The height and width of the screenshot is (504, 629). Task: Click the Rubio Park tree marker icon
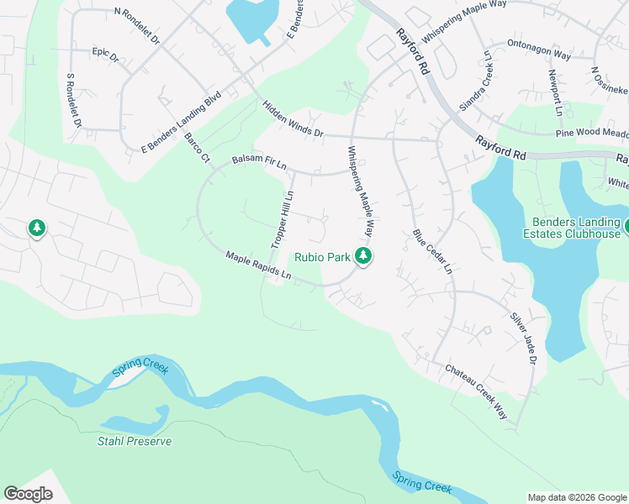(363, 256)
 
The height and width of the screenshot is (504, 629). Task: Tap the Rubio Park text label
(321, 257)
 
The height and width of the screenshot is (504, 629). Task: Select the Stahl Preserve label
(135, 441)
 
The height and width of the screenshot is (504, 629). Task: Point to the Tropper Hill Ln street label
(282, 219)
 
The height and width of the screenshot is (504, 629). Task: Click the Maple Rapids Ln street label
(258, 265)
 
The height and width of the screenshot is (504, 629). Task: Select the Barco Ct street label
(196, 147)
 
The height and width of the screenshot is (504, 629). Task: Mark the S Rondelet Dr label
(71, 100)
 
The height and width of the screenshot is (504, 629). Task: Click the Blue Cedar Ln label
(432, 252)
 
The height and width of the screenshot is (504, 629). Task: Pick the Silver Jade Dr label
(523, 339)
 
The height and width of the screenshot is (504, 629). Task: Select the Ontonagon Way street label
(539, 50)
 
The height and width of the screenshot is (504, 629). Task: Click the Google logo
(28, 494)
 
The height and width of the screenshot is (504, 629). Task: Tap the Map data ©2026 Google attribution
(576, 497)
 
